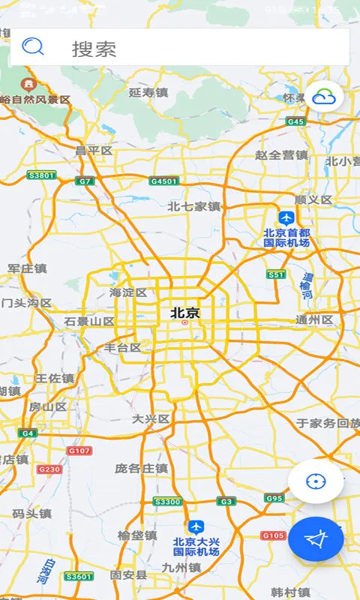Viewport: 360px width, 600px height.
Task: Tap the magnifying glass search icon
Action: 33,47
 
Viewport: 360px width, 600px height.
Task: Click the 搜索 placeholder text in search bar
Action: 94,49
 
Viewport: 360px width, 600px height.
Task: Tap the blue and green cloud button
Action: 324,97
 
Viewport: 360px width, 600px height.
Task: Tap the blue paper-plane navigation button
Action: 316,538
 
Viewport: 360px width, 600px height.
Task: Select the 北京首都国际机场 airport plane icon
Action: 286,217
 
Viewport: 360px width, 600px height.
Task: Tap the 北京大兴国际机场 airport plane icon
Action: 196,526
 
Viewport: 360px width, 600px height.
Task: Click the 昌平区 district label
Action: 94,151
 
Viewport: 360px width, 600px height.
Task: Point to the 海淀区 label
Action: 128,292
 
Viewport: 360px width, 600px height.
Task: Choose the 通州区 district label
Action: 314,319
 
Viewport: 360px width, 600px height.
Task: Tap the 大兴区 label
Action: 151,418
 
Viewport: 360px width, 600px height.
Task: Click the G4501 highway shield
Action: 164,181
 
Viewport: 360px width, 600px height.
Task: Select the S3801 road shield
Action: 41,175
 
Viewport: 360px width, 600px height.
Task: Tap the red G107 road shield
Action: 79,451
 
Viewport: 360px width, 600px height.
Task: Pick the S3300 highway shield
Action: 167,501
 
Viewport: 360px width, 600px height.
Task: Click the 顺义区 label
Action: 313,200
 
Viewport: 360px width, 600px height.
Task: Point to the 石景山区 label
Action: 89,321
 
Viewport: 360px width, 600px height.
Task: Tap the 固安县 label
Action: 128,574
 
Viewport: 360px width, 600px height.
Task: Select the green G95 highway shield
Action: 274,498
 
